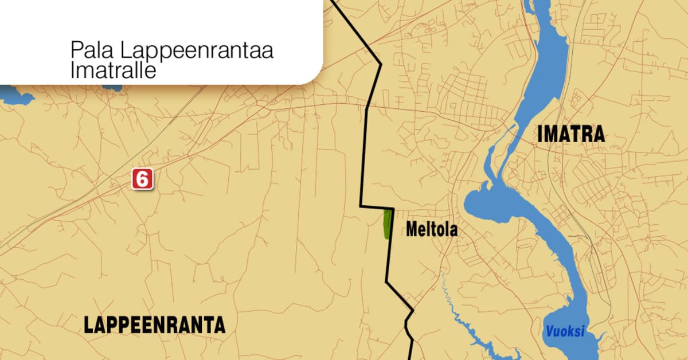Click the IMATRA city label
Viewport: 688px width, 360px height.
pyautogui.click(x=571, y=134)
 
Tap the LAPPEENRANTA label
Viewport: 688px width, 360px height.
pyautogui.click(x=154, y=325)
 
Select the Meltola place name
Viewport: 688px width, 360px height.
pyautogui.click(x=432, y=230)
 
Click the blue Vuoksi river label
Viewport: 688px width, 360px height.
pyautogui.click(x=564, y=331)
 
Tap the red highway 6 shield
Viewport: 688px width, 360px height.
pyautogui.click(x=142, y=179)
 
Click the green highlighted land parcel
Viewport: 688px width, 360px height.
pyautogui.click(x=388, y=224)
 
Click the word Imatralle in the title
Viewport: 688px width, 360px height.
pyautogui.click(x=113, y=71)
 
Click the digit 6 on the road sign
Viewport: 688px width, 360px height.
pyautogui.click(x=142, y=179)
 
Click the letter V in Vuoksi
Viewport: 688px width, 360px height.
pyautogui.click(x=549, y=331)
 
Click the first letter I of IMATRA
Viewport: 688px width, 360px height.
pyautogui.click(x=540, y=134)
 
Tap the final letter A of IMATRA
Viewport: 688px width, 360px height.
pyautogui.click(x=599, y=134)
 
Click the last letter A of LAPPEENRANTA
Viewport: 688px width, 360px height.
pyautogui.click(x=220, y=325)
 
